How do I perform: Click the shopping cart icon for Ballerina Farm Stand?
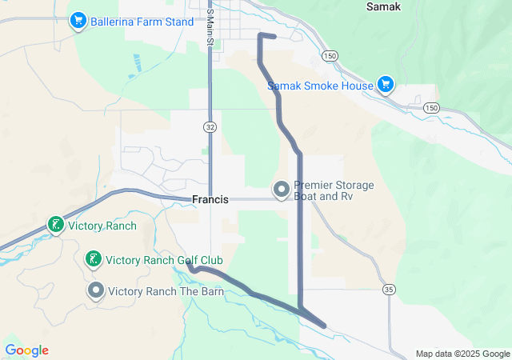(78, 21)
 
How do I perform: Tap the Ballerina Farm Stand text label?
(142, 22)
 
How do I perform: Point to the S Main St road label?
(210, 26)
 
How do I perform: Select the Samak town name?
(383, 6)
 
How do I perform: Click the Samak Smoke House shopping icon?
(386, 85)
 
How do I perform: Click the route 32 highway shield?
(210, 126)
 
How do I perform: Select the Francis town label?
(210, 199)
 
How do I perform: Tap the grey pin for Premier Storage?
(282, 190)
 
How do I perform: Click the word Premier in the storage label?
(314, 185)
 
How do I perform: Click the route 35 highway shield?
(389, 289)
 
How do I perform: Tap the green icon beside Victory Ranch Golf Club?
(94, 259)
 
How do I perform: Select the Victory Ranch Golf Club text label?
(164, 260)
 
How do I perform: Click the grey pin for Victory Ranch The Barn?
(96, 290)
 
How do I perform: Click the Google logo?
(26, 350)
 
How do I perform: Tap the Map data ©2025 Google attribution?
(462, 354)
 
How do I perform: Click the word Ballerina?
(116, 22)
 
